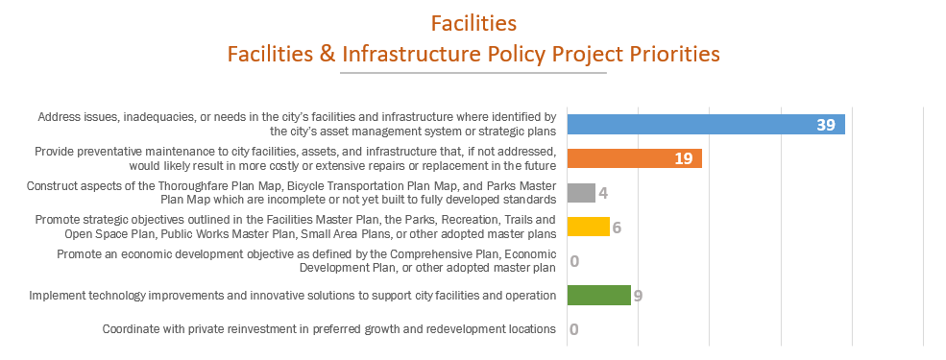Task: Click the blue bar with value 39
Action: (705, 125)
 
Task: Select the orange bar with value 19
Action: (634, 158)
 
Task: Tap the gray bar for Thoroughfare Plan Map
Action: (581, 193)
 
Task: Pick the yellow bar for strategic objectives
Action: (588, 227)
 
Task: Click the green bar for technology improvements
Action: (598, 296)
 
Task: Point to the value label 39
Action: (826, 125)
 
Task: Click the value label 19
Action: (683, 158)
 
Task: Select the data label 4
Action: (603, 193)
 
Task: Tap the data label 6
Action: (617, 228)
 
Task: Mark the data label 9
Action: (638, 296)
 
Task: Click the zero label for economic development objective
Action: (573, 261)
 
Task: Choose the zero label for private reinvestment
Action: (573, 329)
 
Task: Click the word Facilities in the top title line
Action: (473, 22)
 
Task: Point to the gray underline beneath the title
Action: (473, 73)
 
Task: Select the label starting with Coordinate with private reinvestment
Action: (329, 329)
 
